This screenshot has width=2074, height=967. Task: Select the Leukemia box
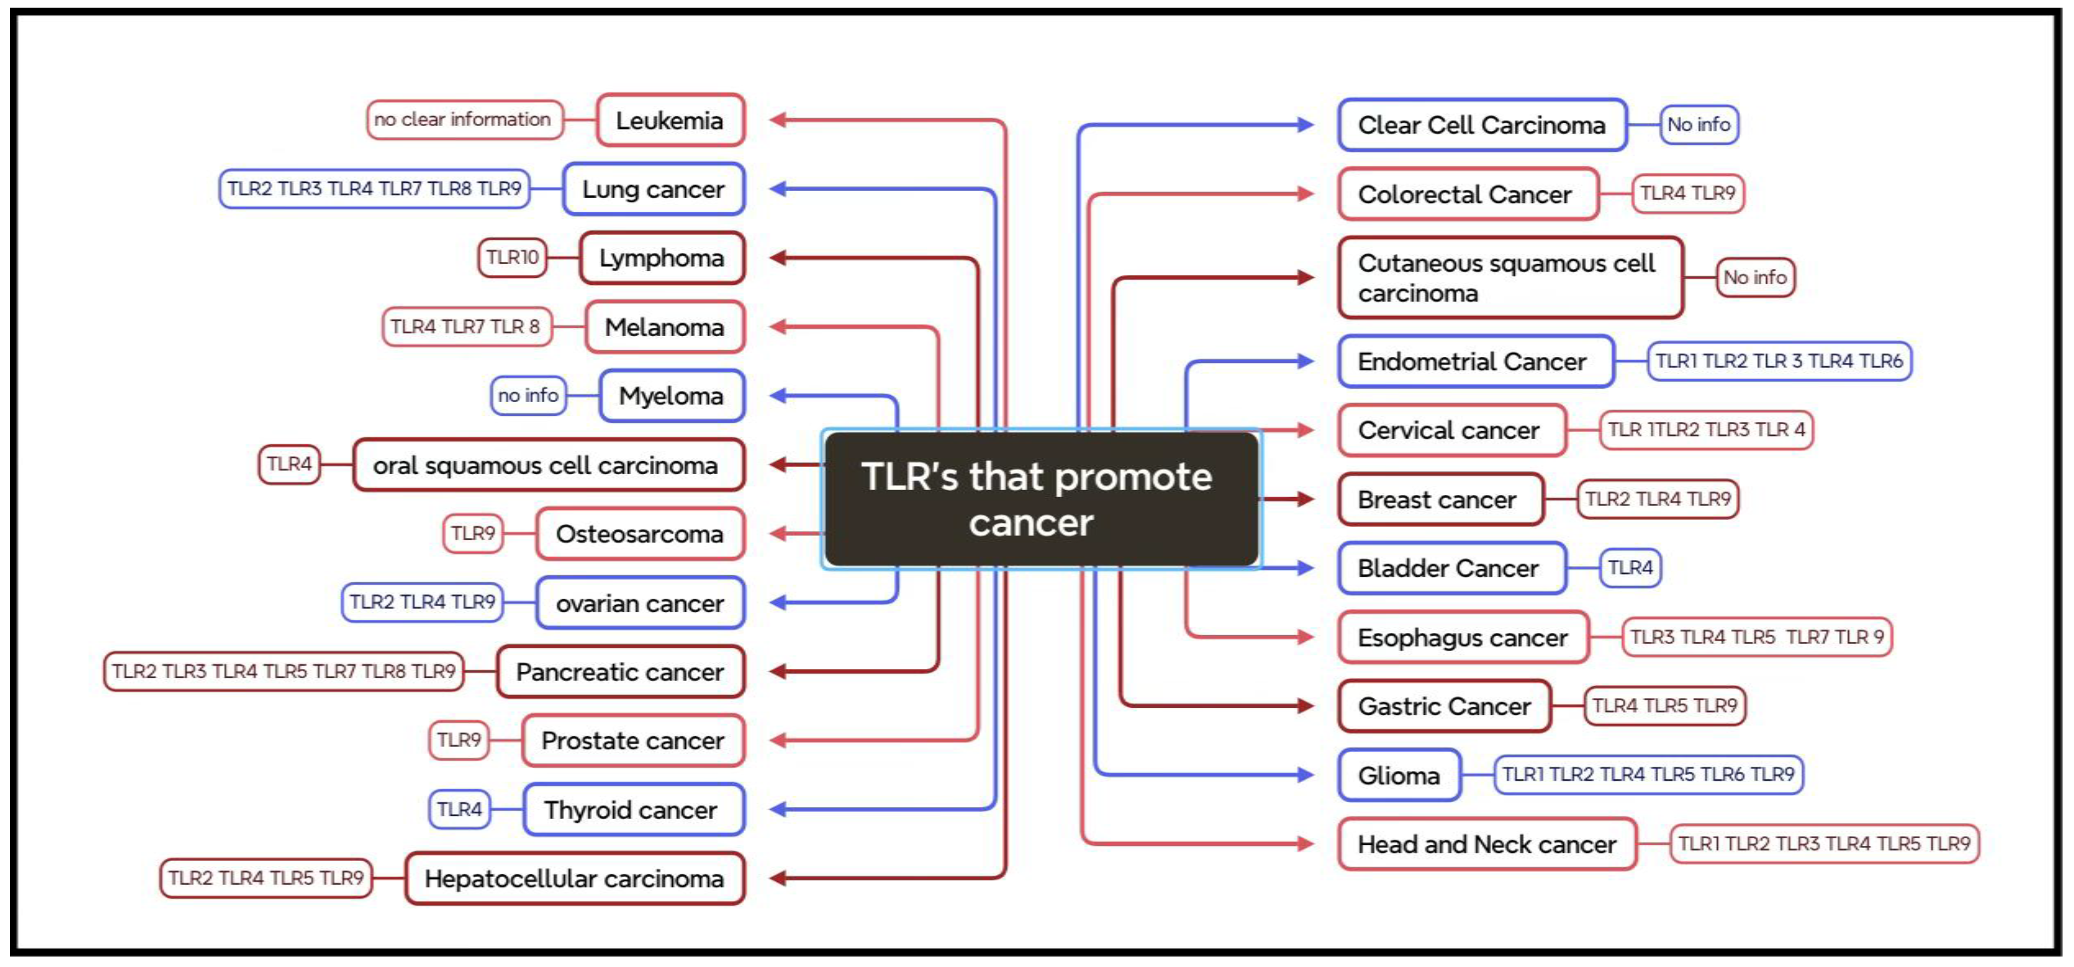670,121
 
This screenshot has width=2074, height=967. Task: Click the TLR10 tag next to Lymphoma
512,258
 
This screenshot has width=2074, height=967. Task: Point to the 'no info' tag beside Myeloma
528,395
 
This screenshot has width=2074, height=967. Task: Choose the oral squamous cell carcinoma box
547,464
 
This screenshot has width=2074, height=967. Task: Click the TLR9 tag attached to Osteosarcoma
473,533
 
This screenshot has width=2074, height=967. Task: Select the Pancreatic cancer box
620,672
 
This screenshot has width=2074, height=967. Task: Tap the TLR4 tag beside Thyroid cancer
459,809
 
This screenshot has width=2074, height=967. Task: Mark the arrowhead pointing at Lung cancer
778,189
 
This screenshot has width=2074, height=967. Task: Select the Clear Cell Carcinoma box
1481,125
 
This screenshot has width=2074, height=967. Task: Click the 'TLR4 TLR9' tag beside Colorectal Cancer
1688,193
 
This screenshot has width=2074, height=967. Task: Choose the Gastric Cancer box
1444,706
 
